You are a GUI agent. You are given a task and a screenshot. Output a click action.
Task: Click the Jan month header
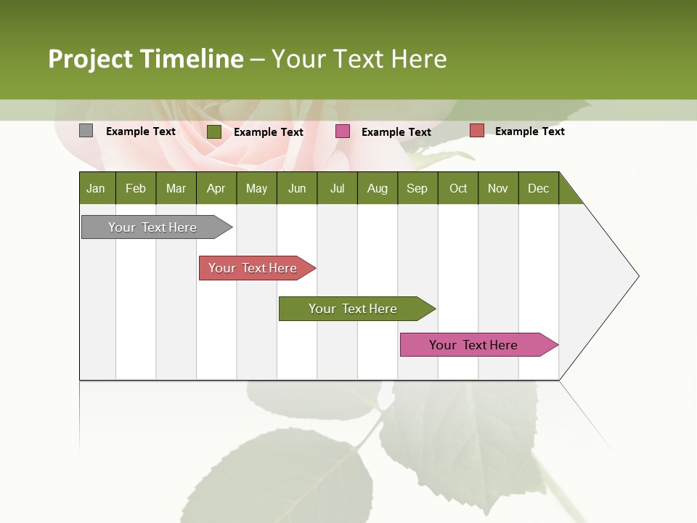pyautogui.click(x=97, y=188)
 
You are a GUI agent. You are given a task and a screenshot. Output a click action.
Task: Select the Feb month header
pyautogui.click(x=136, y=188)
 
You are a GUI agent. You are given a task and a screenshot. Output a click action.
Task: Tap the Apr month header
pyautogui.click(x=216, y=188)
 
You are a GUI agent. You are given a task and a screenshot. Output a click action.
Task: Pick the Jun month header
pyautogui.click(x=297, y=188)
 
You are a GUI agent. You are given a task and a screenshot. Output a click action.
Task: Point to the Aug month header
pyautogui.click(x=378, y=188)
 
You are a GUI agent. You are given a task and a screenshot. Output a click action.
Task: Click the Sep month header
pyautogui.click(x=417, y=188)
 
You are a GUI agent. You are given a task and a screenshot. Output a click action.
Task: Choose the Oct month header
pyautogui.click(x=458, y=188)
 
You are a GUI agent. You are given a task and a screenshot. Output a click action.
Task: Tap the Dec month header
pyautogui.click(x=539, y=188)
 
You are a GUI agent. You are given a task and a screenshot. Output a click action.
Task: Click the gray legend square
pyautogui.click(x=86, y=131)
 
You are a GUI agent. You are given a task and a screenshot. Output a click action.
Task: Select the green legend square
pyautogui.click(x=214, y=131)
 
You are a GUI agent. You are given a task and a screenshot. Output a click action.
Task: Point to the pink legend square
pyautogui.click(x=343, y=131)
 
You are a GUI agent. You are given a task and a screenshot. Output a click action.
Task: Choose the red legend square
pyautogui.click(x=476, y=131)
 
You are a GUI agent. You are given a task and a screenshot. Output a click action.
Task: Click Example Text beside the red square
pyautogui.click(x=529, y=131)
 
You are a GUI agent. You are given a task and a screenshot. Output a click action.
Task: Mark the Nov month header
pyautogui.click(x=498, y=188)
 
